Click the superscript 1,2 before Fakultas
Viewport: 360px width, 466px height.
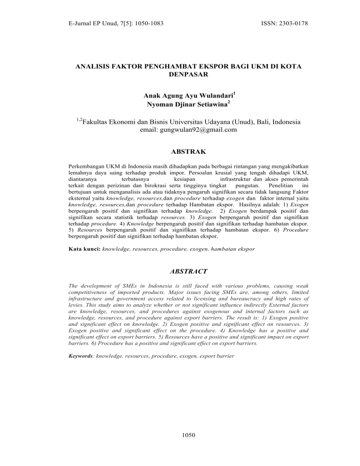[79, 120]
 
